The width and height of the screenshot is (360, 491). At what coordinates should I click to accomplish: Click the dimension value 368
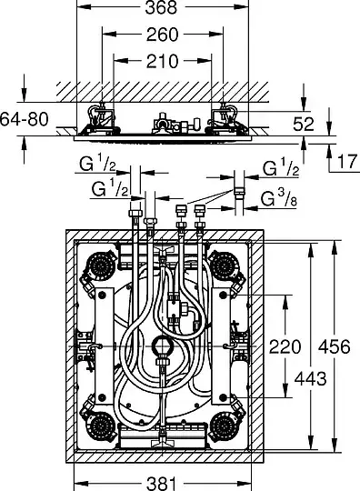[161, 7]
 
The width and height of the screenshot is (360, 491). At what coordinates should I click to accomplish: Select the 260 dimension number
[162, 35]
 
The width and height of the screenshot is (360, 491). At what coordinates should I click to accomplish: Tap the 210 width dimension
[162, 61]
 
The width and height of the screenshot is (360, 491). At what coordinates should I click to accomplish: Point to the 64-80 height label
[25, 119]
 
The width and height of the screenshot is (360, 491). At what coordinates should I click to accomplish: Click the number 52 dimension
[304, 124]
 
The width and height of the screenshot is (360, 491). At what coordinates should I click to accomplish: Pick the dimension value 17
[348, 162]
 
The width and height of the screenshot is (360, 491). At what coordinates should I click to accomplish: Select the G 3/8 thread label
[278, 198]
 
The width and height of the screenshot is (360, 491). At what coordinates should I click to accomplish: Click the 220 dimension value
[285, 346]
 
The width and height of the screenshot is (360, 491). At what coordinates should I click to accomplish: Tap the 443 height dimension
[311, 378]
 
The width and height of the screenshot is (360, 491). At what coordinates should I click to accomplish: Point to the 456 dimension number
[334, 346]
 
